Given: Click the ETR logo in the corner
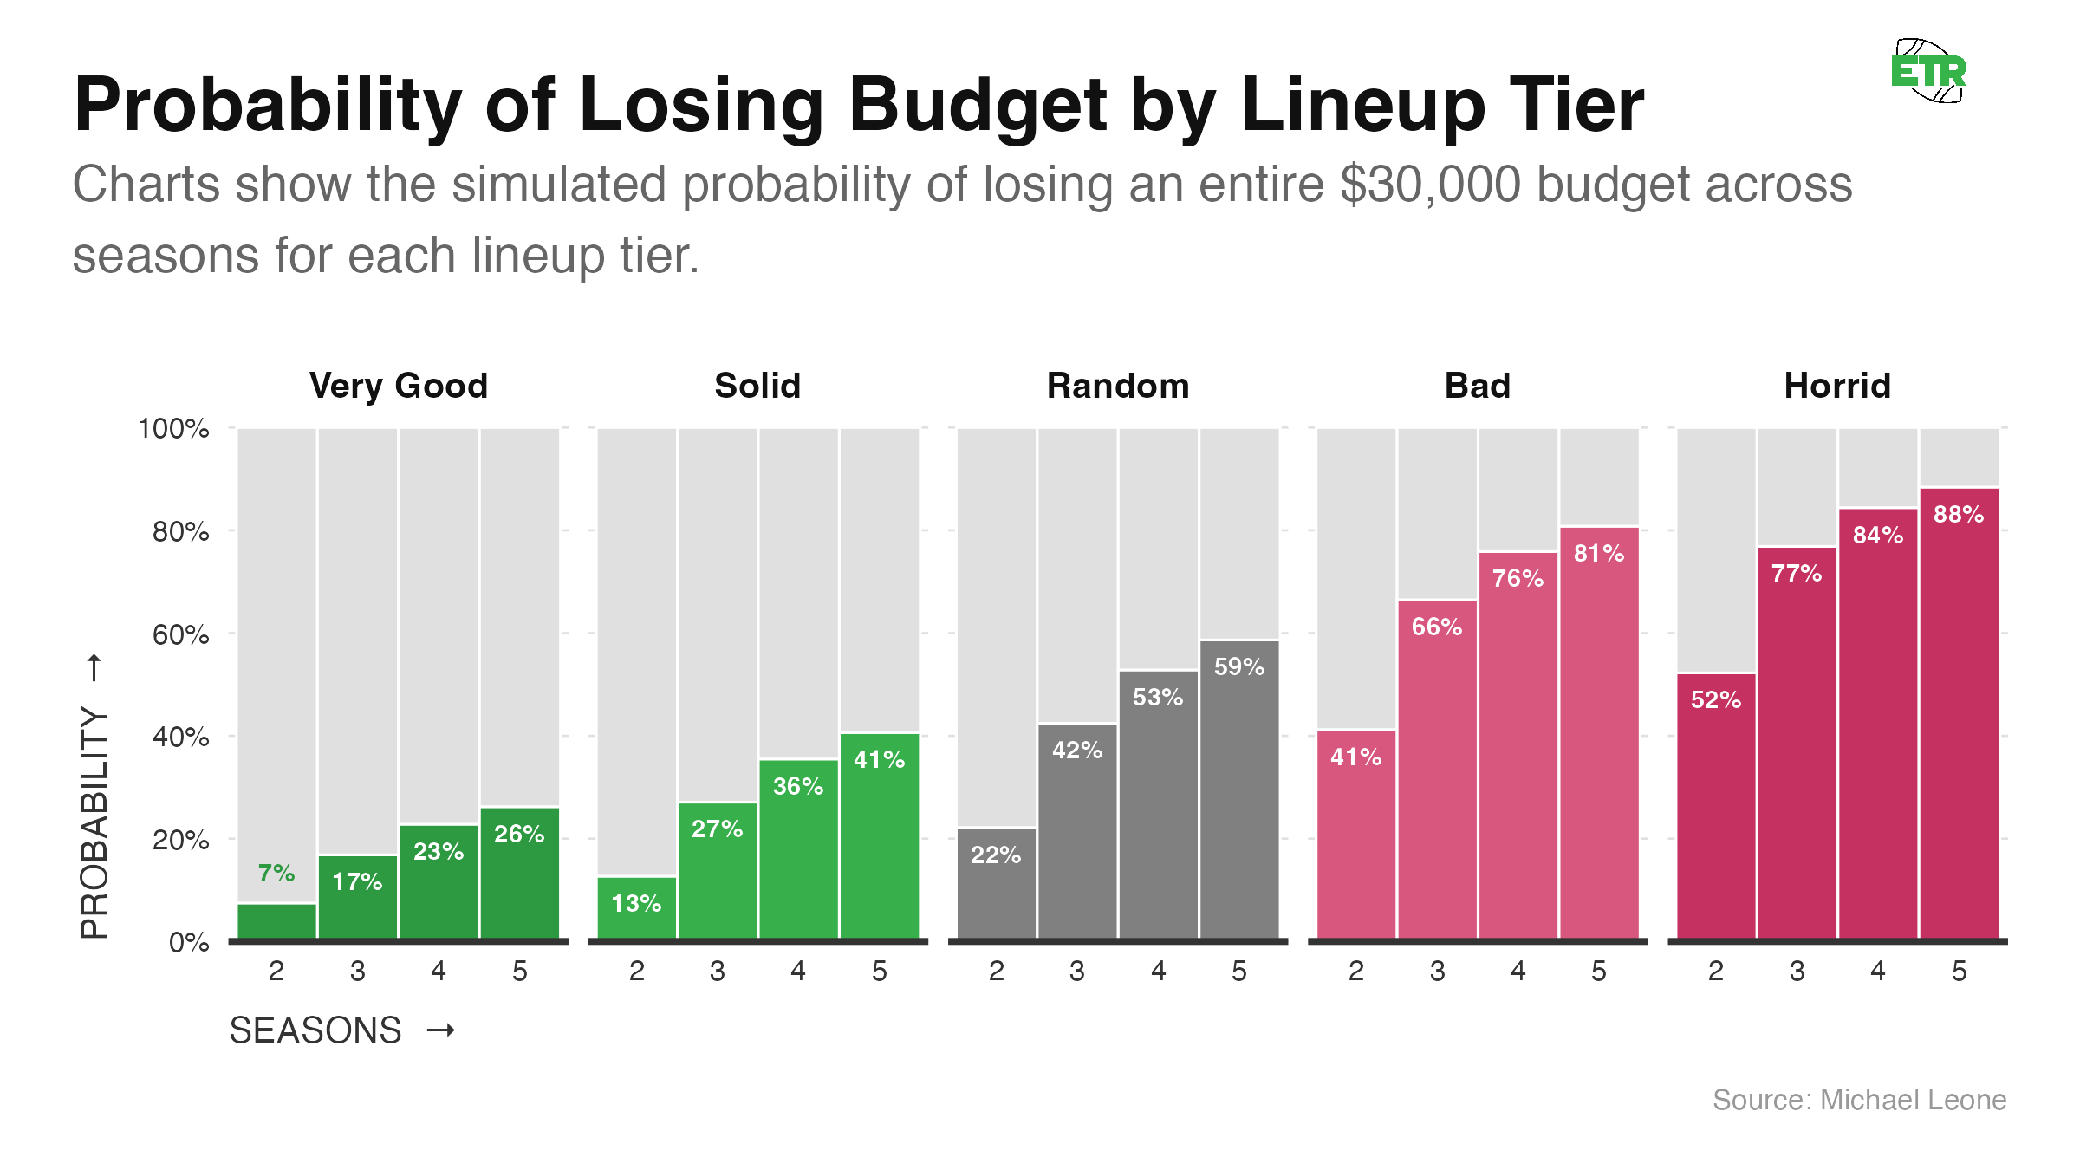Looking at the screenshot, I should pos(1929,71).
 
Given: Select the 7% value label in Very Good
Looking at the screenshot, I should pos(276,873).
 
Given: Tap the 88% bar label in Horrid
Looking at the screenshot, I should pos(1959,514).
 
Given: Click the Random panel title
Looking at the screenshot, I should pos(1118,386).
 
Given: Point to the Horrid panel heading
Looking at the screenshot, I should pos(1837,386).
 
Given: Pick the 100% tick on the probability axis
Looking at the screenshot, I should pos(173,428).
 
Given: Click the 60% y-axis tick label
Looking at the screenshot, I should pos(180,634).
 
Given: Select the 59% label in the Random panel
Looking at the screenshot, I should pos(1239,666).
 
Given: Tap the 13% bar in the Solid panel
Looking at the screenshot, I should pos(637,908).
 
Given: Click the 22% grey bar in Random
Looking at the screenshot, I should pos(997,884).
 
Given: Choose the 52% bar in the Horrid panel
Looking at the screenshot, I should pos(1716,806).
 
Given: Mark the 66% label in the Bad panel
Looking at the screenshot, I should pos(1437,627).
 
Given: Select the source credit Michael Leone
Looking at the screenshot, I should pos(1859,1100).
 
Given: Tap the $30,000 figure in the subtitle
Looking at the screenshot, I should pos(1430,185).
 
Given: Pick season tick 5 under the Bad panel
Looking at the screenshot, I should pos(1599,971).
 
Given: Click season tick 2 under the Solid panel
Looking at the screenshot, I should pos(637,971).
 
